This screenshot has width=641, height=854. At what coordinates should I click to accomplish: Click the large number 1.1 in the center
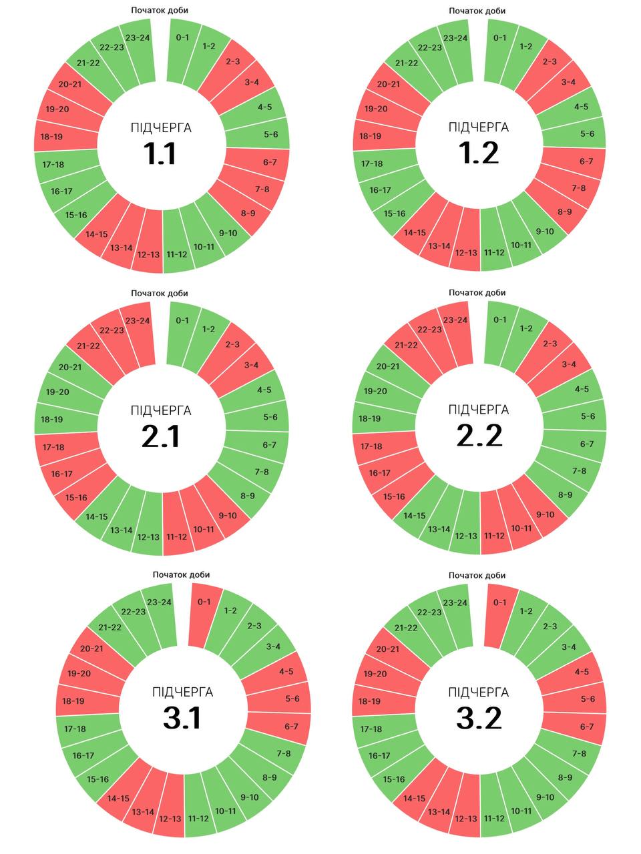point(160,153)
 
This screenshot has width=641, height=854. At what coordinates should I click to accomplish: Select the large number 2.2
point(479,436)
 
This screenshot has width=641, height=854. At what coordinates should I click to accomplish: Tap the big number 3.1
point(182,718)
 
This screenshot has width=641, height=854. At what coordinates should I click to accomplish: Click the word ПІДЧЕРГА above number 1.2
point(479,127)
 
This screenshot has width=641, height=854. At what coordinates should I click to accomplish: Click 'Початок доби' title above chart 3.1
point(181,574)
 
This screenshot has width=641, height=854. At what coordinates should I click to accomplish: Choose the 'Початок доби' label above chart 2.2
point(477,293)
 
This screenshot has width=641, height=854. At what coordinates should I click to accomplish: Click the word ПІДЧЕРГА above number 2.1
point(161,410)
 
